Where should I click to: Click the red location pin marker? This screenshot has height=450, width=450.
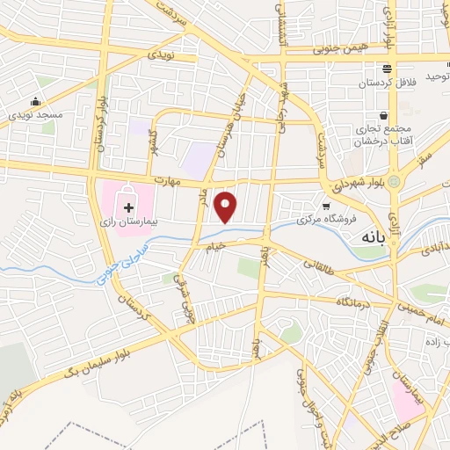[x=228, y=207]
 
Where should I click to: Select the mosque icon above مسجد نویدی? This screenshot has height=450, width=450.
[x=35, y=101]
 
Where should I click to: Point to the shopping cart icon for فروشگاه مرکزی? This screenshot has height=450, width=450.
[x=326, y=206]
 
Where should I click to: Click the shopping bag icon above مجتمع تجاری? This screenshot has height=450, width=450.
[x=384, y=115]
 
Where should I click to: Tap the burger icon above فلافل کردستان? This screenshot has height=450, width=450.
[x=386, y=69]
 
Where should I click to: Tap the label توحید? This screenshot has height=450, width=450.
[x=437, y=77]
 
